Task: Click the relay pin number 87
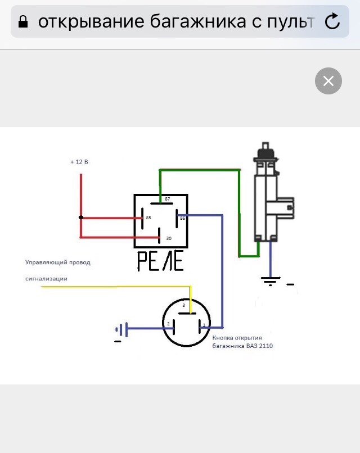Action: (167, 199)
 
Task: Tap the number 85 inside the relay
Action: (148, 218)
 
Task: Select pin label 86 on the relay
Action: (182, 218)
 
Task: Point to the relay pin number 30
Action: (168, 238)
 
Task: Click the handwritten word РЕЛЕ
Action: (160, 261)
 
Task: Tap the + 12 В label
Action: (79, 162)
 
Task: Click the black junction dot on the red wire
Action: (81, 218)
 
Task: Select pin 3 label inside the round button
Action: (183, 305)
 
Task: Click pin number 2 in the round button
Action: (168, 324)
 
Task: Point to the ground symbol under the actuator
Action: (271, 280)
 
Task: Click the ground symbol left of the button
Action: (120, 329)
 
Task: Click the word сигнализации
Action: (46, 278)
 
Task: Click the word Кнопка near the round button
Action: (222, 338)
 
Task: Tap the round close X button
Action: (328, 81)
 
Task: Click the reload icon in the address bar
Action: (333, 21)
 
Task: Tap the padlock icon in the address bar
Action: (23, 22)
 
